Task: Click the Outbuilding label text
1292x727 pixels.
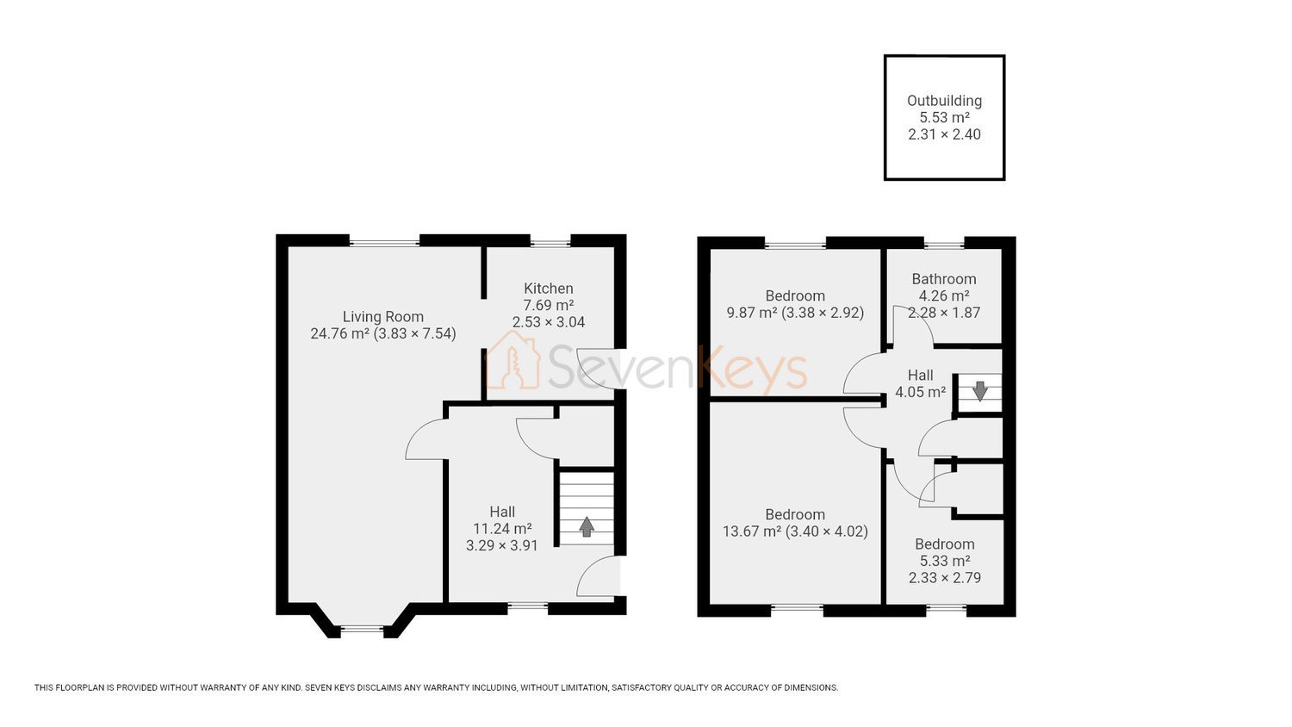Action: pyautogui.click(x=944, y=101)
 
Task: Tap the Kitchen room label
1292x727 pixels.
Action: pyautogui.click(x=549, y=289)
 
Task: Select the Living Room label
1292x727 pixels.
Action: pyautogui.click(x=383, y=317)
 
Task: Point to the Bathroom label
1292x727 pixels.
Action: pyautogui.click(x=944, y=279)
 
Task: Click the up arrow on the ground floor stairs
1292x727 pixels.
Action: pyautogui.click(x=587, y=526)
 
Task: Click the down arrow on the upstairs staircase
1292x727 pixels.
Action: pyautogui.click(x=980, y=390)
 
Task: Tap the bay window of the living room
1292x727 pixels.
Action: pyautogui.click(x=363, y=629)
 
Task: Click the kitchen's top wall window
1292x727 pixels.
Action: pyautogui.click(x=550, y=244)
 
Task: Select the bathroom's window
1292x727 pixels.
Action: pyautogui.click(x=944, y=245)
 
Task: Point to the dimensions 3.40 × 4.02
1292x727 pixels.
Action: pyautogui.click(x=827, y=531)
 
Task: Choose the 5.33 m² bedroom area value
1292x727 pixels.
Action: pyautogui.click(x=944, y=561)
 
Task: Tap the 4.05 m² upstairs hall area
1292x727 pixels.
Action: pyautogui.click(x=921, y=392)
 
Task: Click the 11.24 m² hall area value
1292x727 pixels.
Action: pyautogui.click(x=502, y=529)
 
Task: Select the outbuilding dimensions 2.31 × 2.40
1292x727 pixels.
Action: pyautogui.click(x=944, y=134)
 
